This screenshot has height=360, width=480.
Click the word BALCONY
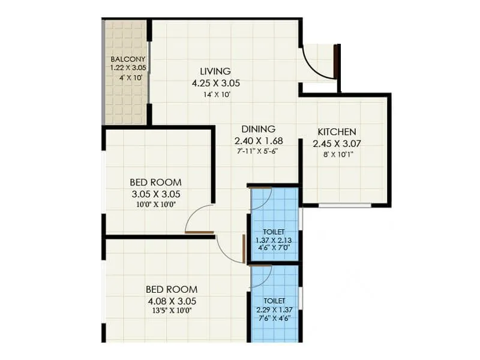[x=128, y=59]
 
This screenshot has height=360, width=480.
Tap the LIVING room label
[x=215, y=71]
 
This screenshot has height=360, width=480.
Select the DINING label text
[x=259, y=129]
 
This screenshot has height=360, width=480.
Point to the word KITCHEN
[x=337, y=132]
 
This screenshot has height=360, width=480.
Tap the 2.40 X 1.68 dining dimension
[x=259, y=141]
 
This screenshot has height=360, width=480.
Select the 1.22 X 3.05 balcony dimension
[x=128, y=68]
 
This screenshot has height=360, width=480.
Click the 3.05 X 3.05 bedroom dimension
[x=155, y=194]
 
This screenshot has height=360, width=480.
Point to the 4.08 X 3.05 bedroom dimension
[x=171, y=301]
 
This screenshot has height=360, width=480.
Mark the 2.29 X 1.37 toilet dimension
[x=274, y=309]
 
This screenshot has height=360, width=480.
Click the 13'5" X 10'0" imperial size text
[x=171, y=310]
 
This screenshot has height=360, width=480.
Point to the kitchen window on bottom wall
[x=344, y=206]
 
